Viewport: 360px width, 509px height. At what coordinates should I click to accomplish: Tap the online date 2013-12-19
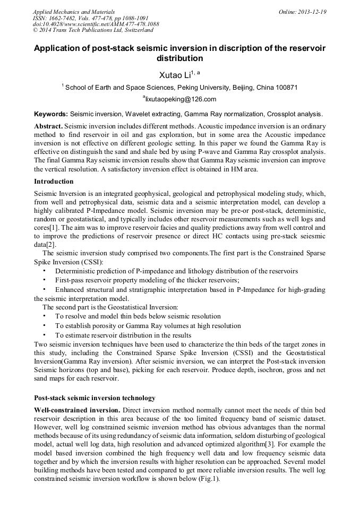click(x=312, y=12)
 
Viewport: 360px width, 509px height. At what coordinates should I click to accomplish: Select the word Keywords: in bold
click(x=51, y=114)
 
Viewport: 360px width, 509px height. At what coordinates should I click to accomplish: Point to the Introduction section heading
click(x=54, y=182)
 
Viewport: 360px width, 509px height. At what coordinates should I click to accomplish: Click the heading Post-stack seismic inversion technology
click(x=95, y=398)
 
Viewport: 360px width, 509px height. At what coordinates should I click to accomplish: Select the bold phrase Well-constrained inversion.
click(x=77, y=410)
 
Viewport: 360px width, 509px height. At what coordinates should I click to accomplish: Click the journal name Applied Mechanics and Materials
click(x=73, y=12)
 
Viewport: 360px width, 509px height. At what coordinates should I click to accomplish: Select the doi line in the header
click(x=96, y=24)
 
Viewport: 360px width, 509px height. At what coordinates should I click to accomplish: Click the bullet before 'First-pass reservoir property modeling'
click(x=44, y=280)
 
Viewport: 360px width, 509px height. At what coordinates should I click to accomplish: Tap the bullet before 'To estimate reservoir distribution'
click(x=44, y=335)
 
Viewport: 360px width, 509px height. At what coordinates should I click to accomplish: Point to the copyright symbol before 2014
click(x=35, y=31)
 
